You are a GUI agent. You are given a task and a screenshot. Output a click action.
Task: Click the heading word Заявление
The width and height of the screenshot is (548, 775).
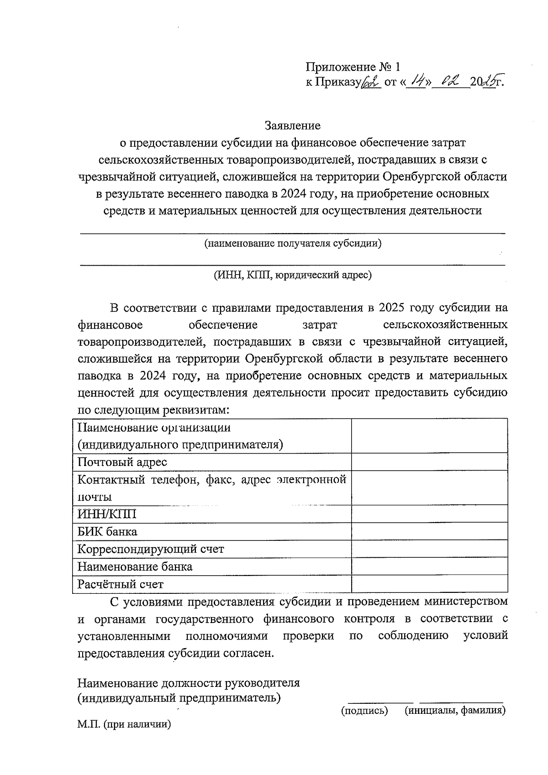tap(293, 126)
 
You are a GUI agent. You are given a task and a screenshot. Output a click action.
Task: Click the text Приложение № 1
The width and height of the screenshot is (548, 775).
tap(353, 68)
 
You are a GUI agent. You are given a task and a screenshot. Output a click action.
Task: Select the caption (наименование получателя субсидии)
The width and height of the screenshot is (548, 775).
tap(293, 243)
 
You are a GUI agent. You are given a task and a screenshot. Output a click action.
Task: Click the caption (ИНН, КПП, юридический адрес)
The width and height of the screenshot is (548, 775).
tap(292, 275)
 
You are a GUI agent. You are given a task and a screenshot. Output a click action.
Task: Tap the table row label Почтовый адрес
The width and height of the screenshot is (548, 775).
tap(122, 462)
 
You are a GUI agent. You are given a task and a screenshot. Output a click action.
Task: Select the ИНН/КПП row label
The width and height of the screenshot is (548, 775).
tap(107, 514)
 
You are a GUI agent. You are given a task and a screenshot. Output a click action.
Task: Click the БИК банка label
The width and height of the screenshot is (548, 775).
tap(107, 532)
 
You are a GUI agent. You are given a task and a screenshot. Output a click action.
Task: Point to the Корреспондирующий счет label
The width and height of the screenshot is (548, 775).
tap(151, 549)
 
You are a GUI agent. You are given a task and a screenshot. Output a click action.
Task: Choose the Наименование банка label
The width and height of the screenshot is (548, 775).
tap(135, 567)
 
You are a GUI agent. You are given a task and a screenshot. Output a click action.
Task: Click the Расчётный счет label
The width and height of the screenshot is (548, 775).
tap(121, 584)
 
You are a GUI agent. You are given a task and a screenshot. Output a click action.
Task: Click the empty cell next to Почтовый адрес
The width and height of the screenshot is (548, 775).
tap(429, 462)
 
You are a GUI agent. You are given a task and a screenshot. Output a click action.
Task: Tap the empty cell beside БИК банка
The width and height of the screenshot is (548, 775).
tap(429, 532)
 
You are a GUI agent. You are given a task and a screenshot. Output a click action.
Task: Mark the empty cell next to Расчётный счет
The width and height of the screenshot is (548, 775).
tap(429, 584)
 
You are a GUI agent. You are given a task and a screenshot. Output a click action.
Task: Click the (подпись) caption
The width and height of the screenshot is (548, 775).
tap(365, 711)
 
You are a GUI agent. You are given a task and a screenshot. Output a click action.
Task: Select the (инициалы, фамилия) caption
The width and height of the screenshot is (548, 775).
tap(455, 711)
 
